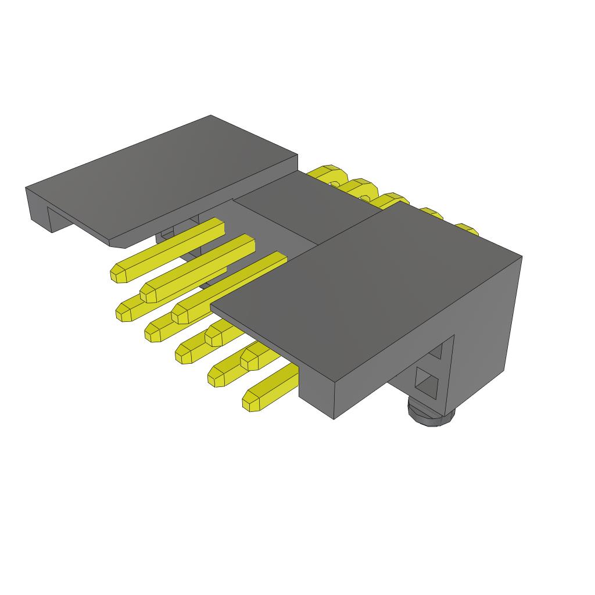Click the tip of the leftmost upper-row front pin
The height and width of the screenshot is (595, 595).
point(119,273)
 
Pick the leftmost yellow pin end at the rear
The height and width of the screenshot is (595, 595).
point(325,172)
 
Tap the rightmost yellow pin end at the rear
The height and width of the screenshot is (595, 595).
point(465,228)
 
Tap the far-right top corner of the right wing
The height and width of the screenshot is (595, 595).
point(521,256)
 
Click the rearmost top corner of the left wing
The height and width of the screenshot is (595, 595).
point(210,116)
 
